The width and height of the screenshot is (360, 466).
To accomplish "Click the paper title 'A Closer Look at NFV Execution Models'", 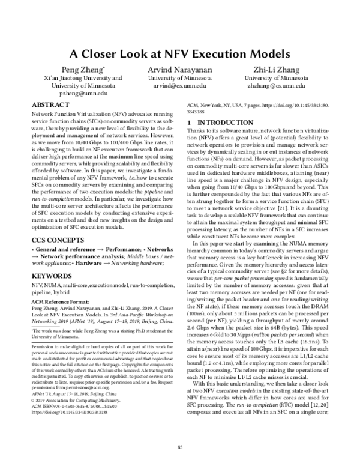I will point(180,52).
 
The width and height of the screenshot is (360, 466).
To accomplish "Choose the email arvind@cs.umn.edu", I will point(180,86).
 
